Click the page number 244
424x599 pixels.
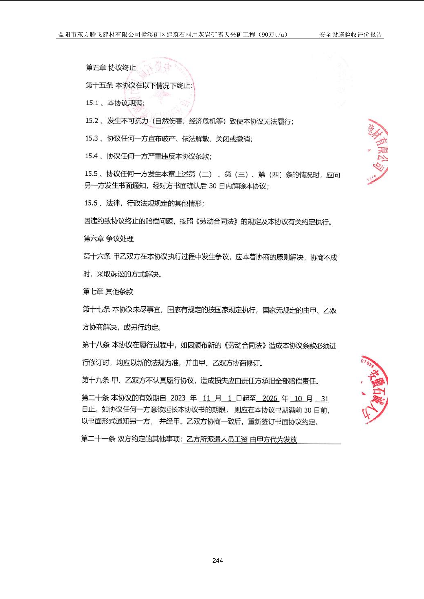click(x=217, y=560)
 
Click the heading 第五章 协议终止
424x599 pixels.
click(x=111, y=67)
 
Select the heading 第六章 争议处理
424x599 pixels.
click(x=109, y=238)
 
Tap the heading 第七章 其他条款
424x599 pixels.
click(x=108, y=291)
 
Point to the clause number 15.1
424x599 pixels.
click(x=92, y=103)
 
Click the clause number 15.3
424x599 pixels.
click(x=92, y=138)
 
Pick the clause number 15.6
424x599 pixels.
click(x=91, y=203)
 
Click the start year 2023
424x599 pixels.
click(x=178, y=398)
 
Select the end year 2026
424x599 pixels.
click(x=270, y=398)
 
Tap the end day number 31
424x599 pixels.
click(x=325, y=399)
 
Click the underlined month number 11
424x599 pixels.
click(x=206, y=398)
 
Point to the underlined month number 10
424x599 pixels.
click(x=298, y=398)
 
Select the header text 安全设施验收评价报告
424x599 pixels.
click(x=350, y=34)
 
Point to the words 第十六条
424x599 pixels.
click(x=97, y=256)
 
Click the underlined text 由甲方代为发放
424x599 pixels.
click(x=273, y=439)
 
